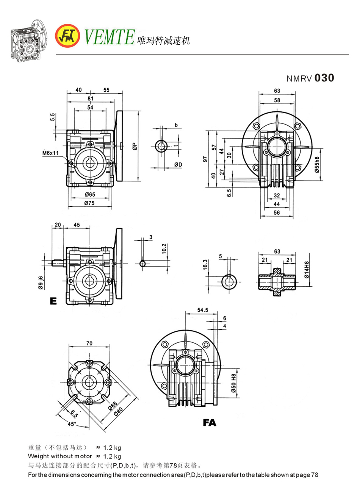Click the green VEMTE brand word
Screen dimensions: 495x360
(x=109, y=37)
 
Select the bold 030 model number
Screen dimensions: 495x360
(x=324, y=78)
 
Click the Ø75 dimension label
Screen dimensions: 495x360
(x=90, y=203)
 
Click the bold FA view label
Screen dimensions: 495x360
(x=209, y=422)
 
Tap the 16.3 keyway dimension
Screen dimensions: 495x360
(x=205, y=265)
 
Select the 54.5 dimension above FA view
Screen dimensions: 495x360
(x=202, y=310)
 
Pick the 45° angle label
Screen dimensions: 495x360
(x=72, y=424)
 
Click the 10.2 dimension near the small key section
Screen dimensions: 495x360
(x=164, y=248)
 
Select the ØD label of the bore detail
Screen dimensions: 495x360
(x=178, y=164)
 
